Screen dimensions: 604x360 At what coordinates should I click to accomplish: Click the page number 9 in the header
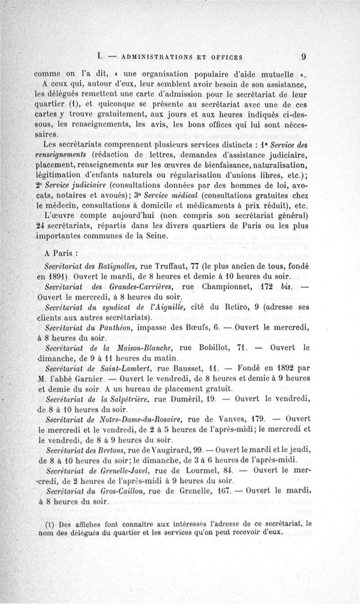[x=304, y=57]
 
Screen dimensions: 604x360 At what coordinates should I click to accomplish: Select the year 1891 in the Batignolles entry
[x=61, y=276]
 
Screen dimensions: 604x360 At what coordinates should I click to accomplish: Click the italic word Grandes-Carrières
[x=136, y=287]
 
